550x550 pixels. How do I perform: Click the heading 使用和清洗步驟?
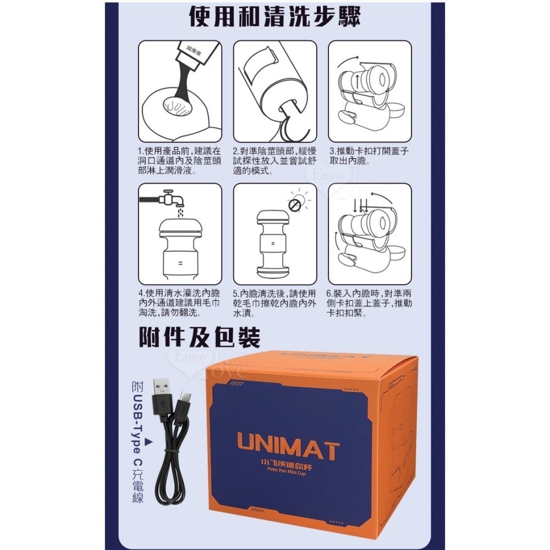pos(274,17)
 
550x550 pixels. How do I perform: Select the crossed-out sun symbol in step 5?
pos(295,205)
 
